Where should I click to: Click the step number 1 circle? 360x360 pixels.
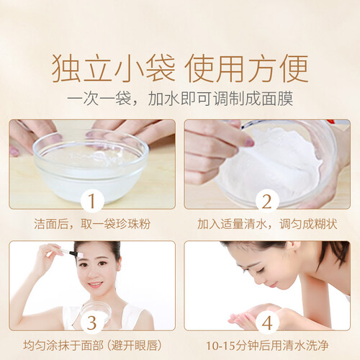tap(92, 201)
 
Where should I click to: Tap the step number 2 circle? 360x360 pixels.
tap(267, 201)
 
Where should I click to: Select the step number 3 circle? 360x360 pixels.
tap(92, 323)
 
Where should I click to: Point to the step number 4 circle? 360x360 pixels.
tap(267, 323)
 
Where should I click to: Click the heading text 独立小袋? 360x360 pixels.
tap(113, 68)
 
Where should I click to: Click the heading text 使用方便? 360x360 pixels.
tap(246, 68)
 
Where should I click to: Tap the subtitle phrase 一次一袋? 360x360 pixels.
tap(99, 99)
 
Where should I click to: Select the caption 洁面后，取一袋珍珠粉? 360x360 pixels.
tap(92, 224)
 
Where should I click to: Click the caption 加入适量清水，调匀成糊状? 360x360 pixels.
tap(267, 224)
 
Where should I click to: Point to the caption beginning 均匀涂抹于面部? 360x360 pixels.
tap(92, 346)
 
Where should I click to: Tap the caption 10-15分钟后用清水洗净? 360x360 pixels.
tap(267, 346)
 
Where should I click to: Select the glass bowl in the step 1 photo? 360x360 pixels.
tap(91, 166)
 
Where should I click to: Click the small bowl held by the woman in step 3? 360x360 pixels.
tap(96, 312)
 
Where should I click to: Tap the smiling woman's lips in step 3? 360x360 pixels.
tap(96, 285)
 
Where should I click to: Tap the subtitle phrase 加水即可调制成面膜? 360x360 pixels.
tap(220, 99)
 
